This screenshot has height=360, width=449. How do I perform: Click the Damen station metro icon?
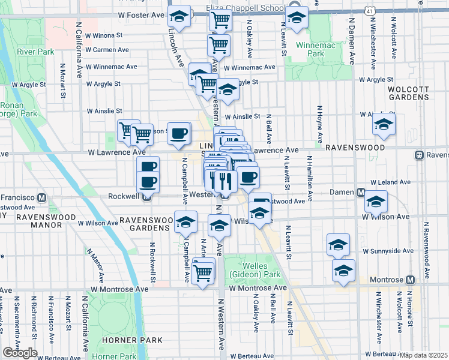(361, 193)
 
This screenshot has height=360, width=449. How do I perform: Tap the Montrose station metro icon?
(411, 280)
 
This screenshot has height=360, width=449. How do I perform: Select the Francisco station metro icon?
(42, 197)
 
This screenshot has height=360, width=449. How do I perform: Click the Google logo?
(19, 353)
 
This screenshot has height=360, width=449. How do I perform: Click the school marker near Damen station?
(376, 202)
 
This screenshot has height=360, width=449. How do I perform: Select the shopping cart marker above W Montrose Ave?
(203, 273)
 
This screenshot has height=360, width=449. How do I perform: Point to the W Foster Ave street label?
(141, 14)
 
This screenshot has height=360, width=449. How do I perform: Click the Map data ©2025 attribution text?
(424, 355)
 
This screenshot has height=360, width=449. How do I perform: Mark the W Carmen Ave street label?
(107, 50)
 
